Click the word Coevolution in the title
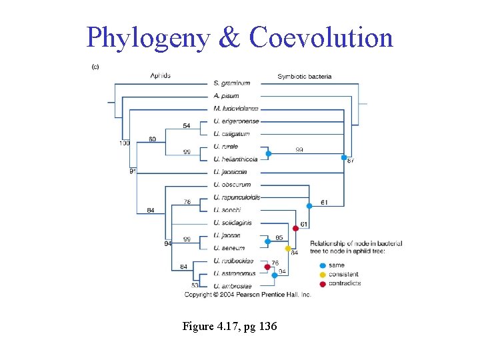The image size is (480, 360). pyautogui.click(x=321, y=38)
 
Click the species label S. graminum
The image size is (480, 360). pyautogui.click(x=232, y=83)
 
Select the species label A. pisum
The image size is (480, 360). pyautogui.click(x=226, y=96)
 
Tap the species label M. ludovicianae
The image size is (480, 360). pyautogui.click(x=236, y=109)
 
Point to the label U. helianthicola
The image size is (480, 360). pyautogui.click(x=236, y=159)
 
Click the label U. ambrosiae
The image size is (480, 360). pyautogui.click(x=232, y=286)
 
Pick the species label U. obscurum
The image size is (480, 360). pyautogui.click(x=232, y=185)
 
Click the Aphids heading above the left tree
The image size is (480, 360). pyautogui.click(x=160, y=75)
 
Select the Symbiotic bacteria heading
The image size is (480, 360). pyautogui.click(x=305, y=77)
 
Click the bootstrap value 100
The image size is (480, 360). pyautogui.click(x=125, y=143)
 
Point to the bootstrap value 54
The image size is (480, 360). pyautogui.click(x=186, y=126)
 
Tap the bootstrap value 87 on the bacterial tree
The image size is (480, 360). pyautogui.click(x=351, y=161)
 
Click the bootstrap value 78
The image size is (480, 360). pyautogui.click(x=187, y=202)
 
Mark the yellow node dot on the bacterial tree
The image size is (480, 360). pyautogui.click(x=288, y=248)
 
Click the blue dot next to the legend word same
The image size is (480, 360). pyautogui.click(x=323, y=265)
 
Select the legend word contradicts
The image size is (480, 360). pyautogui.click(x=345, y=283)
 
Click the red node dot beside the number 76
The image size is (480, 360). pyautogui.click(x=267, y=267)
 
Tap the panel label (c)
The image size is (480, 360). pyautogui.click(x=95, y=66)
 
